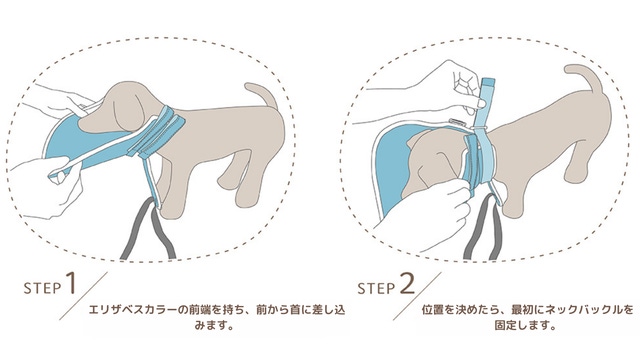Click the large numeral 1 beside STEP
70,283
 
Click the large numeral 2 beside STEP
407,283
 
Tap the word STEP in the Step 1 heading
42,288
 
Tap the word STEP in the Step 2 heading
376,288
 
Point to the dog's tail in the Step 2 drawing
585,78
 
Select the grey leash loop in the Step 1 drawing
148,229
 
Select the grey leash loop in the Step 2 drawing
483,228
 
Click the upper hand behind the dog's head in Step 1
61,100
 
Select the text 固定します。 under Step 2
525,326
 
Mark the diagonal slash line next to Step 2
417,296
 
